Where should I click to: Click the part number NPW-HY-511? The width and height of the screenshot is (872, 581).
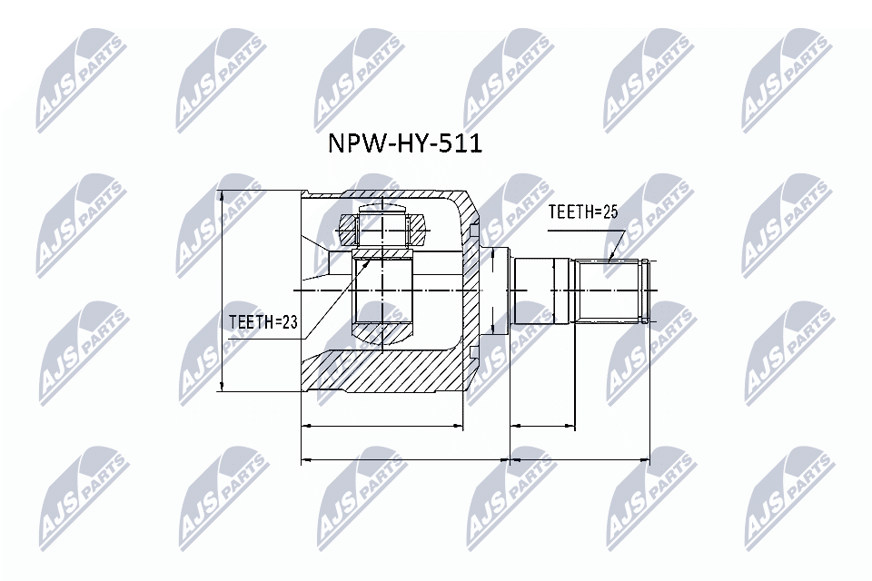click(404, 143)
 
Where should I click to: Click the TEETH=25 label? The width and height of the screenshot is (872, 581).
click(582, 212)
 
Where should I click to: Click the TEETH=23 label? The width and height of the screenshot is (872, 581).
click(263, 320)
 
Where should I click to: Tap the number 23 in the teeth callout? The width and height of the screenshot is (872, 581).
click(288, 320)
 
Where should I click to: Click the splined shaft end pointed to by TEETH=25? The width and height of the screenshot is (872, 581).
click(613, 290)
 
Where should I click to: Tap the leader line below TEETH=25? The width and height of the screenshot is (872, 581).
click(617, 242)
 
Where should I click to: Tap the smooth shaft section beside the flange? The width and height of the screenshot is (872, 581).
click(542, 290)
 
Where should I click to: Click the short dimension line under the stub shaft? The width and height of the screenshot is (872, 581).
click(543, 425)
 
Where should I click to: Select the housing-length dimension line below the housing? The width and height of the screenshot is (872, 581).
click(381, 425)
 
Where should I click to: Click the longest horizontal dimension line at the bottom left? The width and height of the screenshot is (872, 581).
click(405, 460)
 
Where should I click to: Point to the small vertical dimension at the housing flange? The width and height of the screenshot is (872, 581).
click(491, 290)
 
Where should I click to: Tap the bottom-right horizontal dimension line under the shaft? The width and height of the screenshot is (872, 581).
click(580, 460)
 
